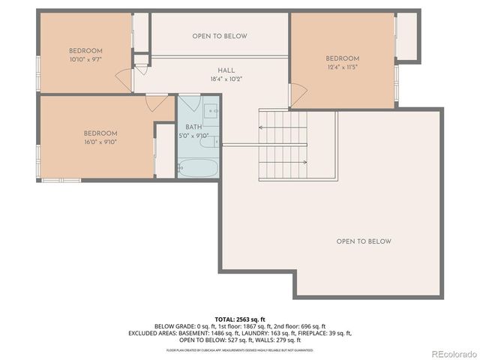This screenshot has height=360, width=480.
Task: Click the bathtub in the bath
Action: (x=198, y=167)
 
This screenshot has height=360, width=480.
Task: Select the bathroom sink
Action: (x=212, y=112)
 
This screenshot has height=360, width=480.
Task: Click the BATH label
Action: (x=193, y=127)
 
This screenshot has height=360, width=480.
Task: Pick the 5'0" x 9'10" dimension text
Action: (x=193, y=136)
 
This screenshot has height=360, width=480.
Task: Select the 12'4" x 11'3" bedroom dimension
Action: (x=342, y=67)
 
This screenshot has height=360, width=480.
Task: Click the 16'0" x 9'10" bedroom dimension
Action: (x=100, y=142)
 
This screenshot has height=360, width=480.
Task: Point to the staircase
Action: (x=283, y=143)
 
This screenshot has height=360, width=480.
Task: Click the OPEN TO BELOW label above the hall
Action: (x=219, y=36)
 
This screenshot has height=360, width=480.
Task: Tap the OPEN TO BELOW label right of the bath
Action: (x=364, y=241)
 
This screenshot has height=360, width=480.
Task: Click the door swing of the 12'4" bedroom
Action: (x=298, y=95)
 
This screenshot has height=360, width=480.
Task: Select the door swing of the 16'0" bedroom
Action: (x=158, y=103)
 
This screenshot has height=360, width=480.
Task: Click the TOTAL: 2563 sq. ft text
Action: (x=239, y=318)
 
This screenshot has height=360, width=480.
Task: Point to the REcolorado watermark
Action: (x=452, y=353)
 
